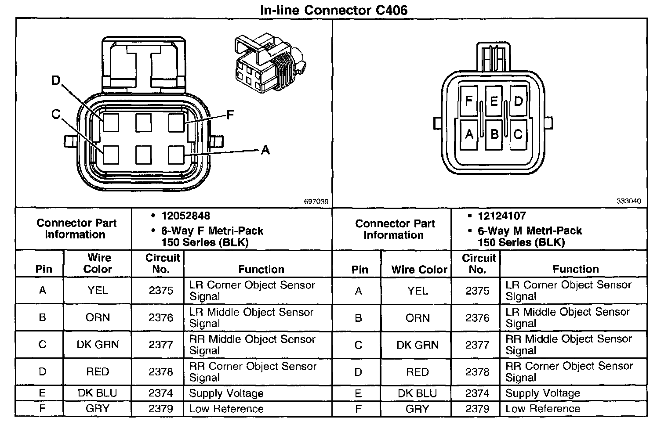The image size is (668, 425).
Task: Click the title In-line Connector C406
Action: point(334,10)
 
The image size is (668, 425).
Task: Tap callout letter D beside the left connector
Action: point(56,81)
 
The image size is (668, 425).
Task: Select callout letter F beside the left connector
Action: point(230,115)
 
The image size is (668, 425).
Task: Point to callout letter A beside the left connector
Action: point(265,151)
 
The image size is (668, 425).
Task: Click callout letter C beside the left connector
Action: point(56,115)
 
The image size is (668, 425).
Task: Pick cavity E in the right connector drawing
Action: point(494,101)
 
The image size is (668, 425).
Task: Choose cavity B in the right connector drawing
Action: point(494,133)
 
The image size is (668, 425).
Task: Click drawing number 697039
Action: point(316,202)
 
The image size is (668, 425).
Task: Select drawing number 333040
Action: point(628,201)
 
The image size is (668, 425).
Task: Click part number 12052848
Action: point(185,216)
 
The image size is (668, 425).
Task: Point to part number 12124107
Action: point(502,216)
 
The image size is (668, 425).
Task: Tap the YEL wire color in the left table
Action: point(98,291)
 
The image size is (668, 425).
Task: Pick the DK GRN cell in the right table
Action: point(417,345)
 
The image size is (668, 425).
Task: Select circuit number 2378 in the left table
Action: point(161,372)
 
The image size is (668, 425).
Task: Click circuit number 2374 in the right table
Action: point(477,393)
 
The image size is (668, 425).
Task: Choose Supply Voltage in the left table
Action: point(226,393)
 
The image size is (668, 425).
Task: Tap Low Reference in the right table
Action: point(543,409)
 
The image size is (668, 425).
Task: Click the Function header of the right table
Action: point(575,269)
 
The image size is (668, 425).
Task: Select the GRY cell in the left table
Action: point(98,409)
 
